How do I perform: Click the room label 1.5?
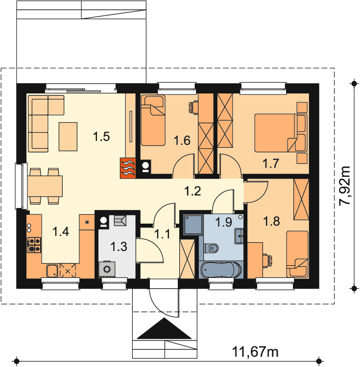pyautogui.click(x=101, y=137)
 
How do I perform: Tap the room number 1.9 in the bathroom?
pyautogui.click(x=223, y=222)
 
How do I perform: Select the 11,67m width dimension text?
pyautogui.click(x=255, y=351)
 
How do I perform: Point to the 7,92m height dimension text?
pyautogui.click(x=344, y=186)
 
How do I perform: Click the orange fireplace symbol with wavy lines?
pyautogui.click(x=128, y=168)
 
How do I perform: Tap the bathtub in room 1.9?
pyautogui.click(x=220, y=270)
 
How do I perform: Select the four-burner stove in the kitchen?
pyautogui.click(x=34, y=245)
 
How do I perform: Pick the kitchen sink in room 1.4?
pyautogui.click(x=52, y=271)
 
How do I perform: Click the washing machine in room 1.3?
pyautogui.click(x=107, y=269)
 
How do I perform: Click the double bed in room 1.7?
pyautogui.click(x=276, y=133)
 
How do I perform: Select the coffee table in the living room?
pyautogui.click(x=68, y=137)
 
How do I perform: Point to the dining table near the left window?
pyautogui.click(x=45, y=186)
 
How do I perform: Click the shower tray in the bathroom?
pyautogui.click(x=193, y=224)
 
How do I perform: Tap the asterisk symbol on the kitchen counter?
pyautogui.click(x=87, y=222)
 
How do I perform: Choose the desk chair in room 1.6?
pyautogui.click(x=193, y=107)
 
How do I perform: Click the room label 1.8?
pyautogui.click(x=271, y=221)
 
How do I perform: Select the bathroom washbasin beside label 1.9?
pyautogui.click(x=240, y=236)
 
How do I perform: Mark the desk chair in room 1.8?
pyautogui.click(x=267, y=260)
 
